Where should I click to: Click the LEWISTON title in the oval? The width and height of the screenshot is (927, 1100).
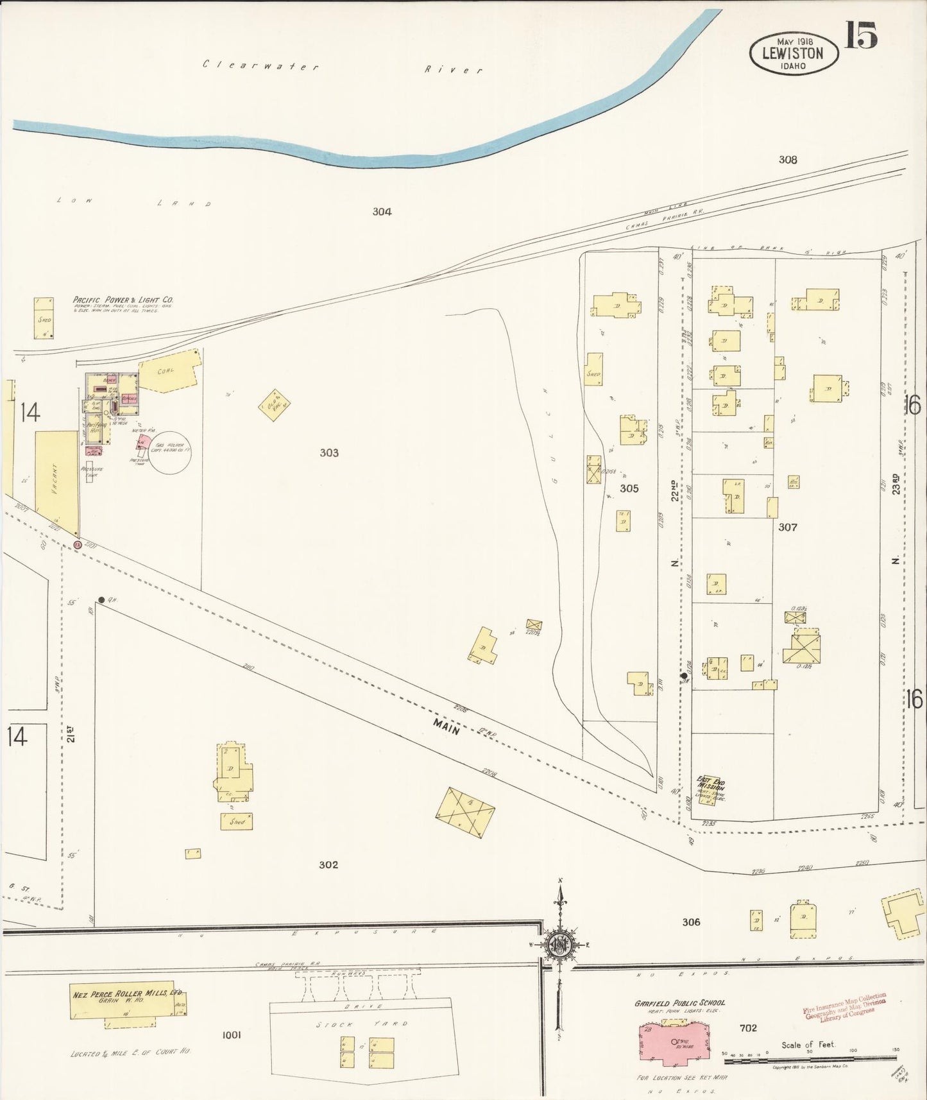coord(792,53)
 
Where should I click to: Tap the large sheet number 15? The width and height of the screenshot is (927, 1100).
coord(860,35)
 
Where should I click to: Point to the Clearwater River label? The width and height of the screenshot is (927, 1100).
coord(343,67)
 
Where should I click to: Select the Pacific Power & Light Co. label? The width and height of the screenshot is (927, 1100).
coord(123,300)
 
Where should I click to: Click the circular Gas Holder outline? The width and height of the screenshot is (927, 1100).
coord(170,452)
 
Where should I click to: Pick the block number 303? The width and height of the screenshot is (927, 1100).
coord(329,452)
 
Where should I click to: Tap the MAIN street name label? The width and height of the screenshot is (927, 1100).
coord(446,726)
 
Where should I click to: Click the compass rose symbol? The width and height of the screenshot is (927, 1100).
coord(559,944)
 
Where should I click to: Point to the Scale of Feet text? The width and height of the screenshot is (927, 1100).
coord(808,1045)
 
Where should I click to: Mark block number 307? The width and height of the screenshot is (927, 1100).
coord(787,527)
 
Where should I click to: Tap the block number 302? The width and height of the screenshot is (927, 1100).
coord(328,864)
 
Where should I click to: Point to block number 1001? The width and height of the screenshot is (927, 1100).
coord(231,1035)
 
